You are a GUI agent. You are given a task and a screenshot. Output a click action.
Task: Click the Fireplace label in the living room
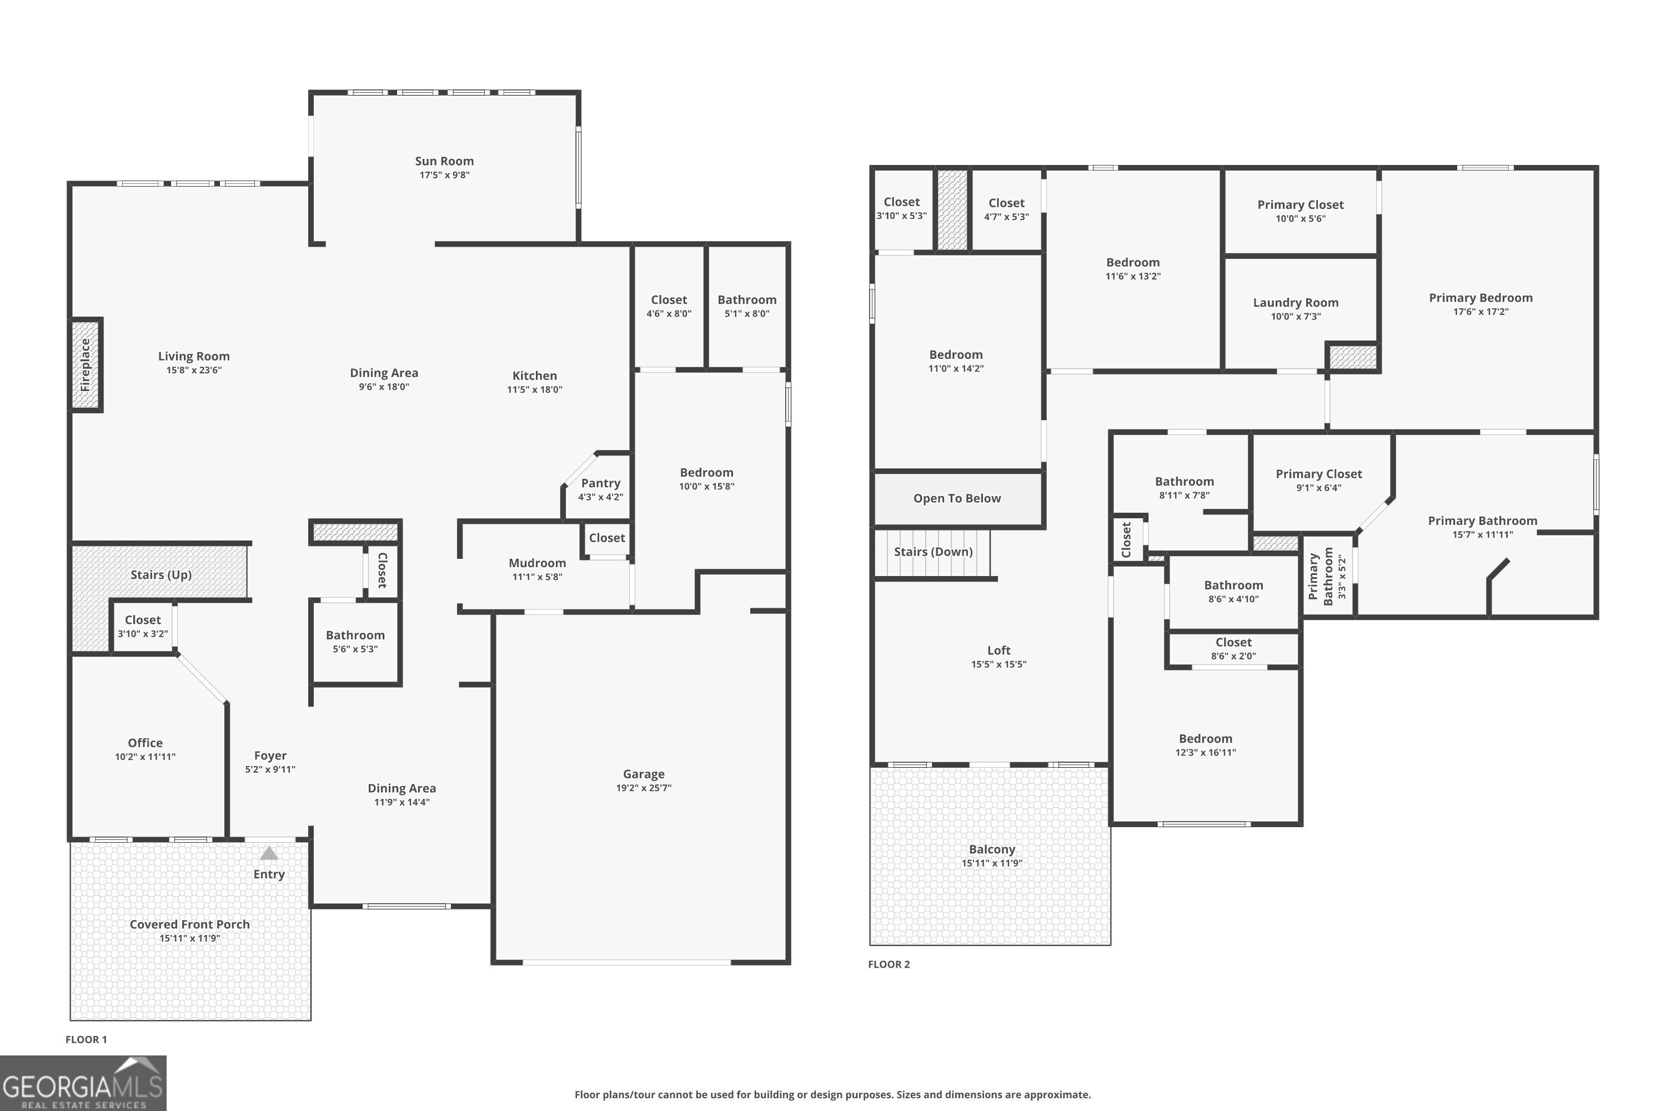(x=86, y=365)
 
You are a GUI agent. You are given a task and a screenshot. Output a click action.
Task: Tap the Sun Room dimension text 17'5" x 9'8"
(x=444, y=175)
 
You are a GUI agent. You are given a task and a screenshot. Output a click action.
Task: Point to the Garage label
(x=643, y=774)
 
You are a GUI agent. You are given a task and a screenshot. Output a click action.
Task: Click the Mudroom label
(x=537, y=563)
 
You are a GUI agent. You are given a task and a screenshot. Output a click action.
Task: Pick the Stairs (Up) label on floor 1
(x=161, y=574)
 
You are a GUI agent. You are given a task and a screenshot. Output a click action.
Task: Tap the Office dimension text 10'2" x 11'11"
(x=145, y=757)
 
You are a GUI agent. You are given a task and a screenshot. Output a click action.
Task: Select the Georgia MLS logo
(x=83, y=1083)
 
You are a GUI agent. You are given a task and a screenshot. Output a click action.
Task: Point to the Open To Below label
(x=956, y=498)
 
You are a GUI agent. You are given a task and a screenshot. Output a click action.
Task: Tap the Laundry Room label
(x=1296, y=303)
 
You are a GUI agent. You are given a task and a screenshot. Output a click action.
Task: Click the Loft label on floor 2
(x=998, y=650)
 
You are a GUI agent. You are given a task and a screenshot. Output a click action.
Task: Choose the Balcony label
(x=992, y=849)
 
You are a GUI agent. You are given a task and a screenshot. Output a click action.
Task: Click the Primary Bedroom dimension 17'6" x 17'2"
(x=1481, y=312)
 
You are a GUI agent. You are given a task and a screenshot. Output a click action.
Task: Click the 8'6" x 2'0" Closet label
(x=1233, y=643)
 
